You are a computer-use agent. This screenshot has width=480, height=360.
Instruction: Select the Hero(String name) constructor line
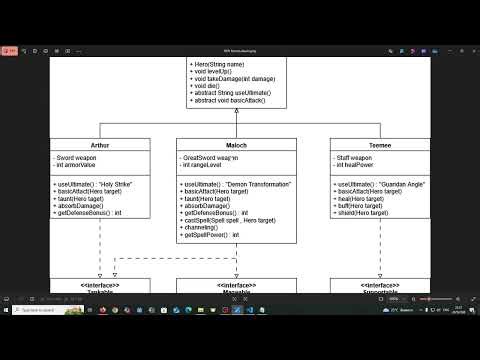click(x=217, y=64)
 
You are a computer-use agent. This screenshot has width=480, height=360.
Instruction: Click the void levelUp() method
click(x=213, y=71)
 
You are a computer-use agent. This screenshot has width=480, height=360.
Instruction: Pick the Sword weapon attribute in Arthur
click(x=79, y=158)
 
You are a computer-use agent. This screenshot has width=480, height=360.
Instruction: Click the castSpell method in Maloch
click(x=231, y=220)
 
